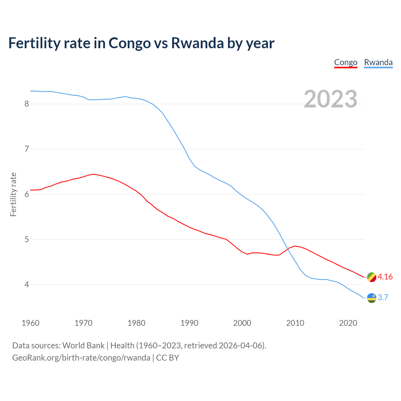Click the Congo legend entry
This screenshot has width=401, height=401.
click(346, 63)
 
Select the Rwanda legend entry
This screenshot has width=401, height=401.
click(378, 63)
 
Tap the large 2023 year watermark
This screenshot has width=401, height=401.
click(331, 99)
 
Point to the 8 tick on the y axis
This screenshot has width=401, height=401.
click(27, 104)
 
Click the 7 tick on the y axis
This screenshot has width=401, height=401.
click(27, 149)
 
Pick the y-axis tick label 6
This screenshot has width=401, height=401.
click(27, 194)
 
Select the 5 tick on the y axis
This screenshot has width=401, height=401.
click(27, 240)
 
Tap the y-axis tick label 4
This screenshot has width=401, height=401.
click(27, 285)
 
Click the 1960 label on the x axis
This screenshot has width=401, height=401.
click(30, 323)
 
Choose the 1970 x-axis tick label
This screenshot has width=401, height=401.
click(83, 323)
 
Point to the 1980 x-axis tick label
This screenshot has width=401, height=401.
click(136, 323)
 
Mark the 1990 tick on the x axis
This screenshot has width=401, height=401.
click(189, 323)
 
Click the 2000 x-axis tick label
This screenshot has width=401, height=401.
click(242, 323)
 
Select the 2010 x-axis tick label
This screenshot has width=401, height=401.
click(295, 323)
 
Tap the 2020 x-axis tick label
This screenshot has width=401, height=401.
click(348, 323)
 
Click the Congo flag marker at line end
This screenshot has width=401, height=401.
click(372, 277)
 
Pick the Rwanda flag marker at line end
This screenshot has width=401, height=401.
click(372, 298)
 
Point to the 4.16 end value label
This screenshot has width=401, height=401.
click(385, 277)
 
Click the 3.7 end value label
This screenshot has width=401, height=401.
click(383, 298)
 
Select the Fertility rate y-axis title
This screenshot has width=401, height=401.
click(13, 194)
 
